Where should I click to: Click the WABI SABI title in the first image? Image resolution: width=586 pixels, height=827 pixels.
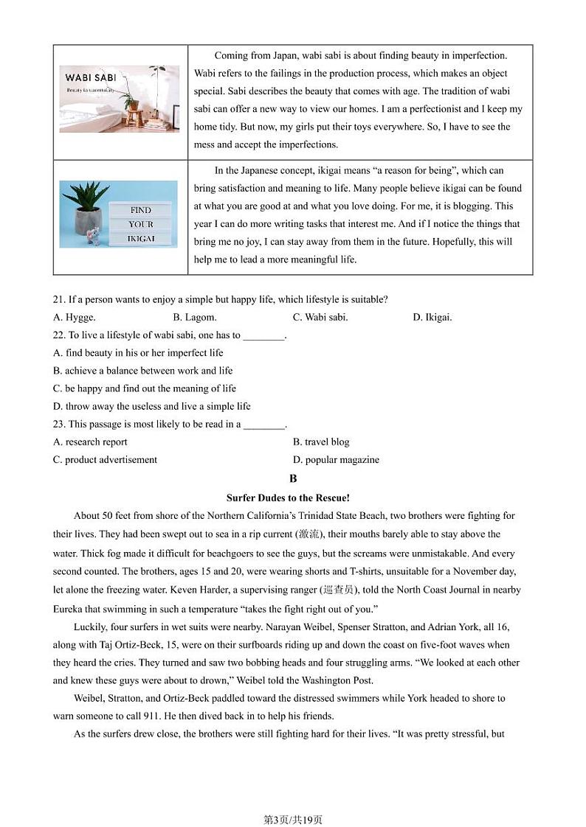(89, 77)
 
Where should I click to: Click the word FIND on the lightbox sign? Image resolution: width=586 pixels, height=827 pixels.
(140, 210)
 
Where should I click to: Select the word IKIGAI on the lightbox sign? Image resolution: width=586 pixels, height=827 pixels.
(140, 239)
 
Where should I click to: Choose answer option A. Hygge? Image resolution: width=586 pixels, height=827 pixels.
(74, 318)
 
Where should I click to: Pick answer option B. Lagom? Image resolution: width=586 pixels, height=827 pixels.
(194, 318)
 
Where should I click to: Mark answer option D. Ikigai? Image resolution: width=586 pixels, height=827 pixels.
(432, 318)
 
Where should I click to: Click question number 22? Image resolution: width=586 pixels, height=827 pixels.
(59, 335)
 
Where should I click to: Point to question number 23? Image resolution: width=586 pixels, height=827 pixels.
(59, 425)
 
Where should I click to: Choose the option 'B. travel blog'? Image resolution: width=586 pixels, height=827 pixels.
(321, 442)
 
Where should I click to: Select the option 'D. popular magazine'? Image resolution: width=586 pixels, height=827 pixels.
(336, 460)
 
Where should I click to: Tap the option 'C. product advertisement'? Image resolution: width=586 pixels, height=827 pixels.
(105, 460)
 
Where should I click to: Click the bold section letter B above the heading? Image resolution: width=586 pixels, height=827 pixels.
(293, 478)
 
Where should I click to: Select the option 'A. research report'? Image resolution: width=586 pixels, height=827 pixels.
(90, 442)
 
